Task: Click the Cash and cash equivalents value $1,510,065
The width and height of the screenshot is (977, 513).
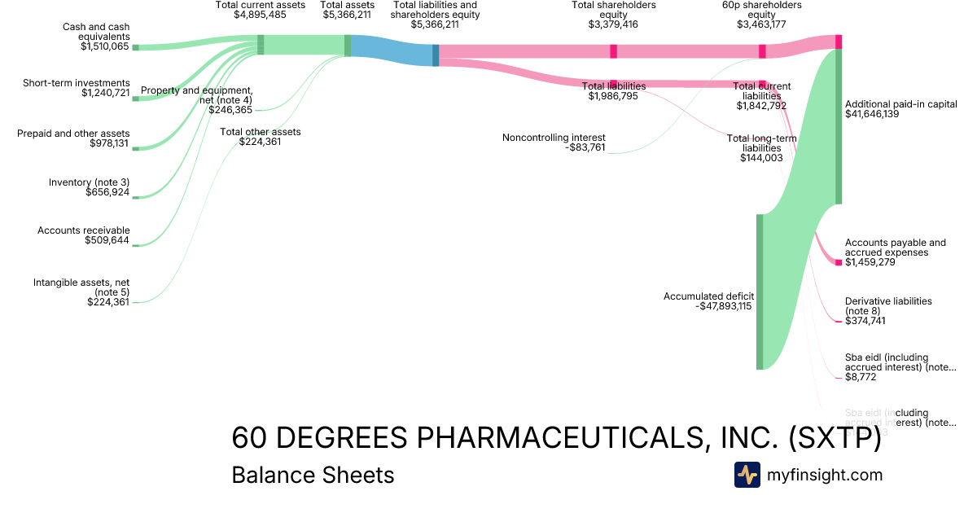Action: (104, 46)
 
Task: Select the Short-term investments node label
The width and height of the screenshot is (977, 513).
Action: (77, 83)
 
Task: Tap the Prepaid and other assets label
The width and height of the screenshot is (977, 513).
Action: (73, 134)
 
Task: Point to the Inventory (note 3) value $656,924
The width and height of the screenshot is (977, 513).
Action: (107, 192)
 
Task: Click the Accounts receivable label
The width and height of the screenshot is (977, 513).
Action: (84, 230)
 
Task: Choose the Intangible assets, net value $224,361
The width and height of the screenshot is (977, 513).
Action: (108, 302)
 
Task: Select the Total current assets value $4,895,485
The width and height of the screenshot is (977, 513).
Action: (260, 15)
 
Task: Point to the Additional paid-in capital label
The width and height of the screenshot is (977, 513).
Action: (900, 104)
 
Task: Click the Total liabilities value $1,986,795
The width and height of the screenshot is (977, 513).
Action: (614, 96)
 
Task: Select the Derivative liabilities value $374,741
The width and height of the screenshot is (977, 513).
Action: (865, 321)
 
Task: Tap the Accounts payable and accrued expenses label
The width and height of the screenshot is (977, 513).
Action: (896, 248)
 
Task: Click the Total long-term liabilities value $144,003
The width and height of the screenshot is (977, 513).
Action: (761, 158)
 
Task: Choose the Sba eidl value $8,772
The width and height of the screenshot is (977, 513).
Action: (861, 377)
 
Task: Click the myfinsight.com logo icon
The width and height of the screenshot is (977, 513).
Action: (747, 475)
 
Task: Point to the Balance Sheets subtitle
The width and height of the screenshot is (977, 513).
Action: (313, 475)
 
